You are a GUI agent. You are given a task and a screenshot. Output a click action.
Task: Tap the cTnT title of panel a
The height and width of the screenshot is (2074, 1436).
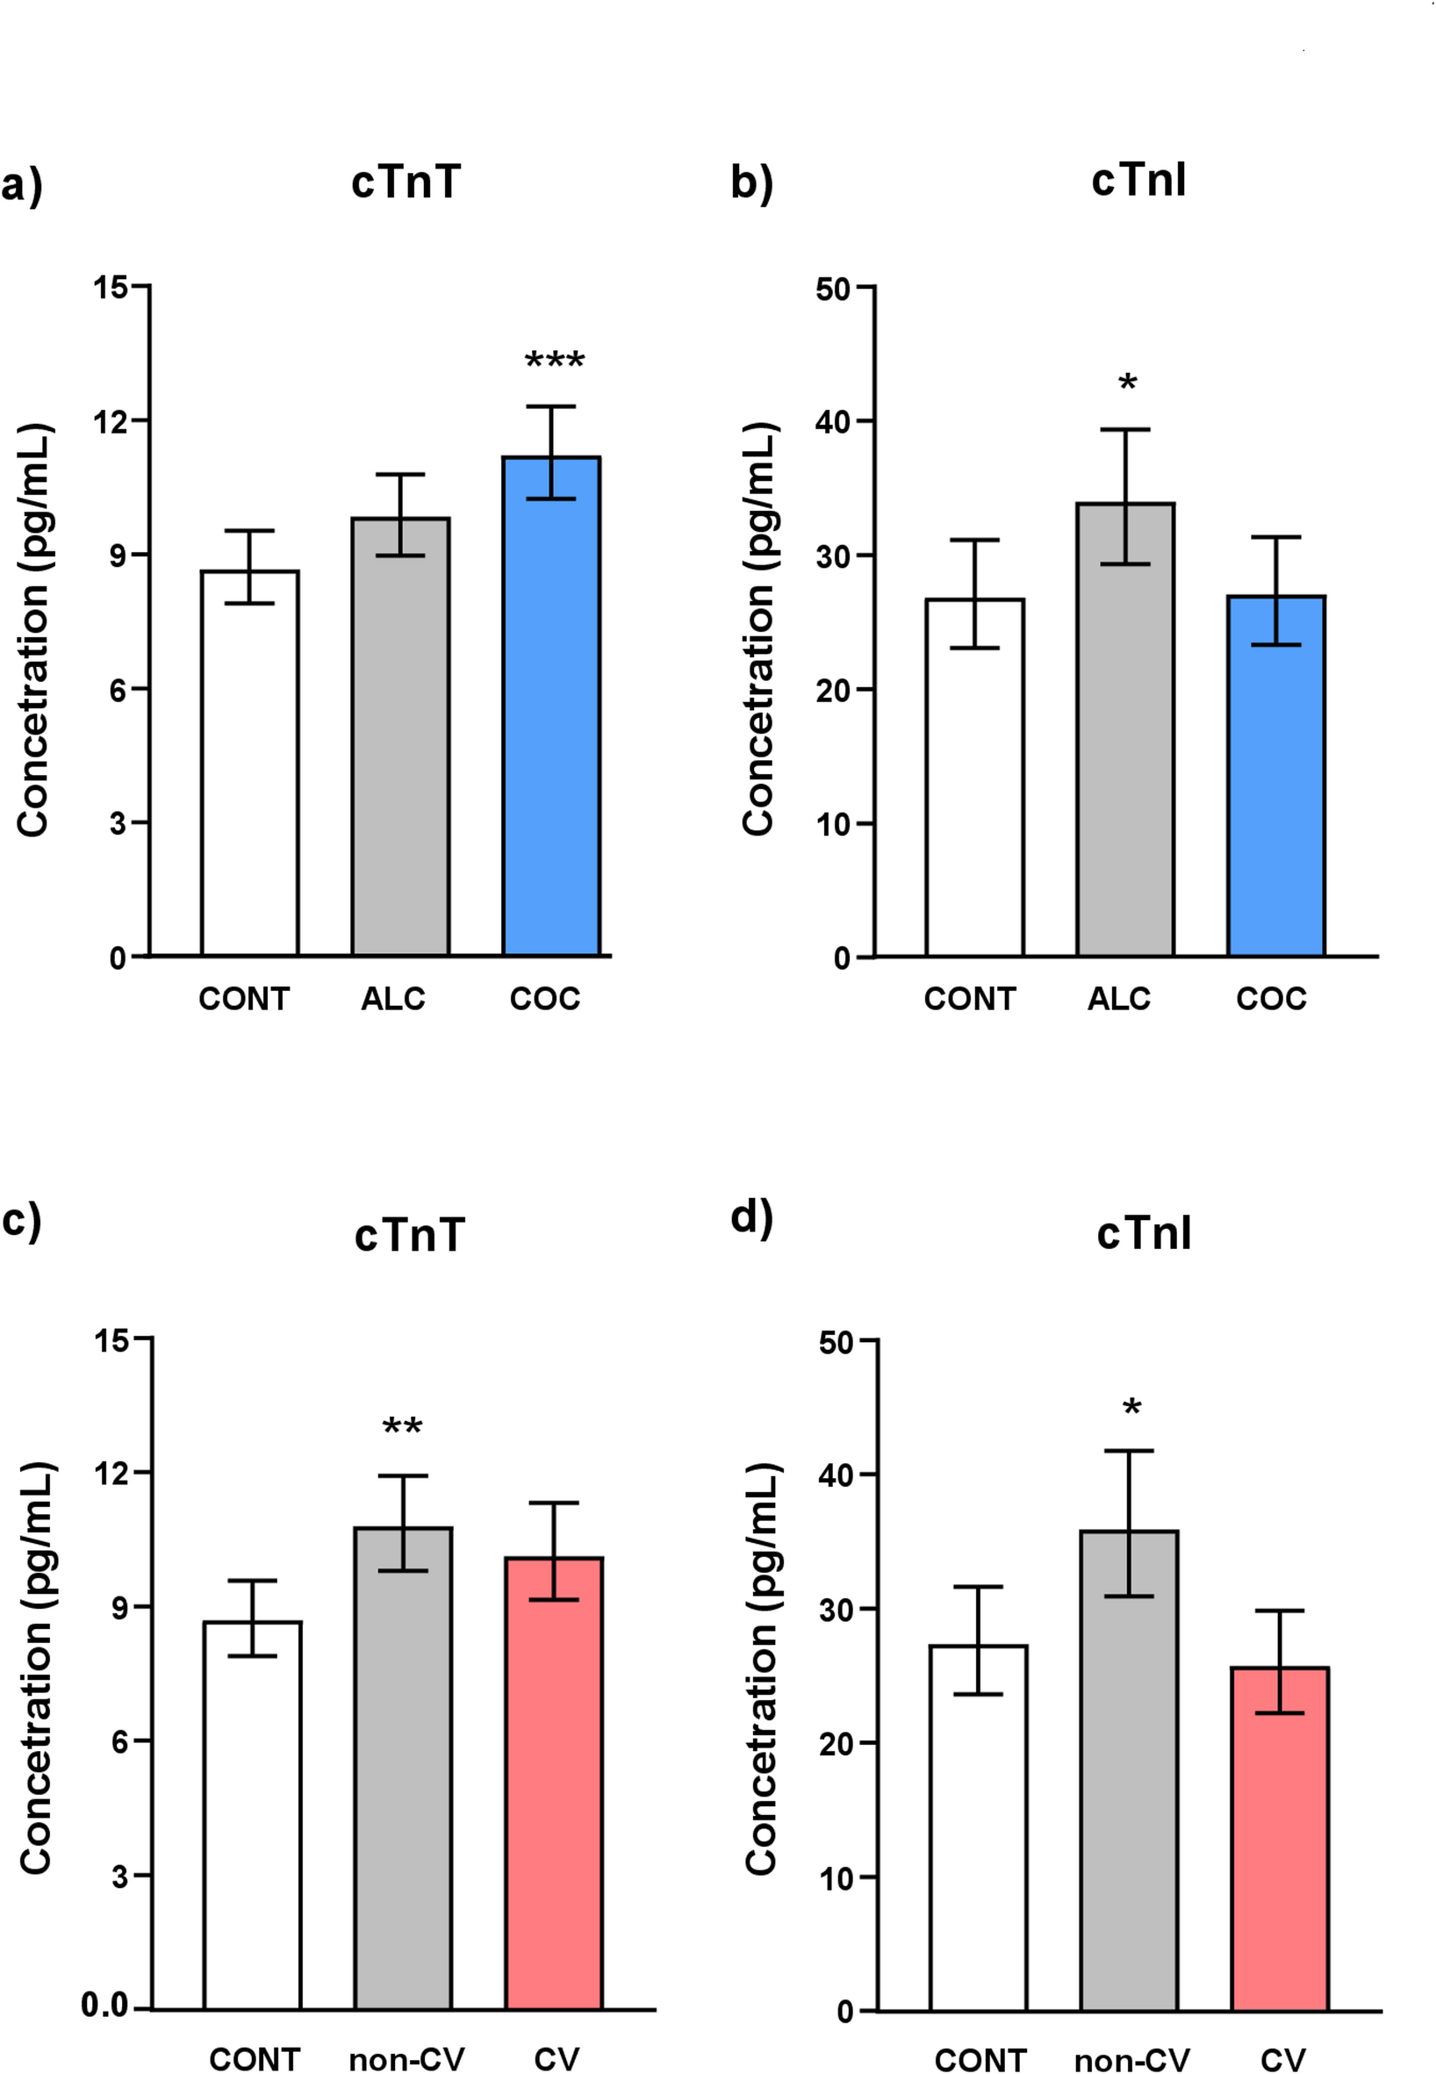pos(406,182)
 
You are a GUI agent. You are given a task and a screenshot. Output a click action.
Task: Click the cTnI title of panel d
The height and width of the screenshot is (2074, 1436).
pos(1144,1232)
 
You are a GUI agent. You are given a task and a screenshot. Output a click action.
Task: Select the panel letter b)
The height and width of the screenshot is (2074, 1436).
pos(752,183)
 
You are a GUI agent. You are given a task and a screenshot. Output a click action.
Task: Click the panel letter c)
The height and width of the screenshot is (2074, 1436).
pos(23,1221)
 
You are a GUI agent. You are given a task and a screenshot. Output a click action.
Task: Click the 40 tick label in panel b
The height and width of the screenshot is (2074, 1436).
pos(832,421)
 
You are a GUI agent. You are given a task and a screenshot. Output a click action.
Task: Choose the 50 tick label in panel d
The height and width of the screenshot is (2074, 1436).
pos(836,1343)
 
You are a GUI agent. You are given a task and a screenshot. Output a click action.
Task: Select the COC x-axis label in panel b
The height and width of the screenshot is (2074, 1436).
pos(1270,999)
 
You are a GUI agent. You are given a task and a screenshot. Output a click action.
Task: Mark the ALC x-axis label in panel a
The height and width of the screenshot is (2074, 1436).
pos(392,999)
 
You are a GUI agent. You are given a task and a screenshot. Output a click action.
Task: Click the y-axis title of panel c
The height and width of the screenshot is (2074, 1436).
pos(36,1674)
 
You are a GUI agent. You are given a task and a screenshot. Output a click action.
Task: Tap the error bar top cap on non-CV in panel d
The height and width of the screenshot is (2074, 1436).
pos(1128,1452)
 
